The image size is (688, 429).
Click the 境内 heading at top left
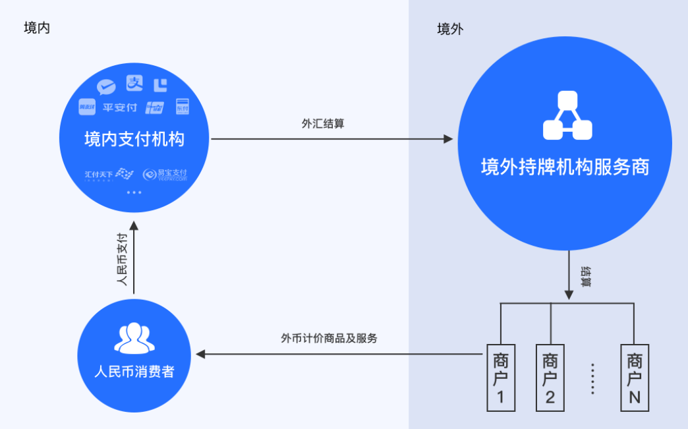coord(37,28)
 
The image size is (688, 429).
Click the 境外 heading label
coord(450,30)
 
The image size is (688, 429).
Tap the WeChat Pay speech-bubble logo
coord(106,86)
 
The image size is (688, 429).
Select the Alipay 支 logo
coord(134,83)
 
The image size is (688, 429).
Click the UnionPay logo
coord(155,107)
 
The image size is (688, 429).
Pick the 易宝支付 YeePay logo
coord(165,174)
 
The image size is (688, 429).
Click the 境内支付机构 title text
coord(134,140)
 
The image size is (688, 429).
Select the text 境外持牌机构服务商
coord(565,167)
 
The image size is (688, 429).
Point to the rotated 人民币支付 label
coord(121,258)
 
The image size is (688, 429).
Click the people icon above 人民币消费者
coord(134,339)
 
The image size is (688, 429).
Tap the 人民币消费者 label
coord(134,371)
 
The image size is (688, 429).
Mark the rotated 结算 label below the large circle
coord(585,276)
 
